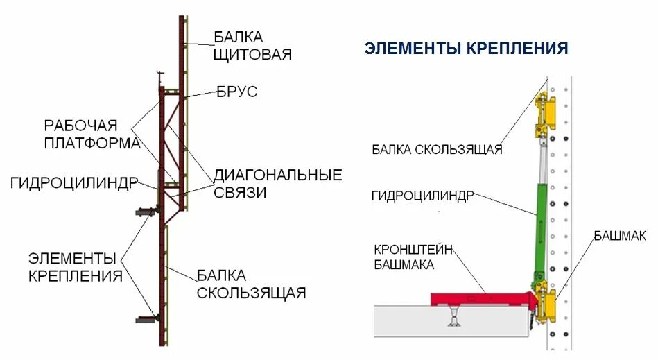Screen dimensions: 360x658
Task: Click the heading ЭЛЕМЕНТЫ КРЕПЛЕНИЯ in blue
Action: pyautogui.click(x=466, y=49)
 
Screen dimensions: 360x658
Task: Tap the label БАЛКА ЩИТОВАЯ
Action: pyautogui.click(x=252, y=45)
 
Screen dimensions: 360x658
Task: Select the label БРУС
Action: pyautogui.click(x=236, y=92)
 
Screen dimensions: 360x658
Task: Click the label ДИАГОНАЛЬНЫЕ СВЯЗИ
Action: pyautogui.click(x=277, y=183)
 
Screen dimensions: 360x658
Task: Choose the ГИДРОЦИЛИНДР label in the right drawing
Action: pyautogui.click(x=422, y=196)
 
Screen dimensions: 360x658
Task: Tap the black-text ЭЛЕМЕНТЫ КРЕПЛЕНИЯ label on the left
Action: pyautogui.click(x=76, y=266)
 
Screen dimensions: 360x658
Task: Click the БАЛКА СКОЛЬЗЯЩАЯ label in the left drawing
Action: pyautogui.click(x=251, y=284)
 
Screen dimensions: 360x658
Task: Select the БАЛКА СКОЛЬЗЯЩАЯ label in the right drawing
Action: pyautogui.click(x=436, y=149)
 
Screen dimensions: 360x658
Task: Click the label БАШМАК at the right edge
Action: pyautogui.click(x=620, y=236)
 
